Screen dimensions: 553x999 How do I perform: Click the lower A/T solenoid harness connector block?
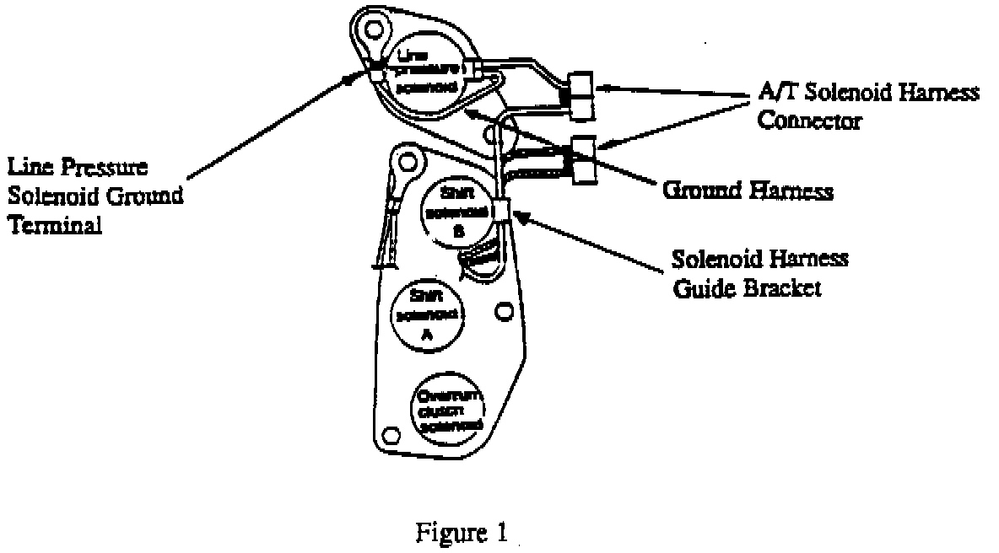click(583, 160)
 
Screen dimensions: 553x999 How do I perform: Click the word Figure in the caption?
click(445, 533)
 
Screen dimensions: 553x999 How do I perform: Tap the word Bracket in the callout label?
click(789, 287)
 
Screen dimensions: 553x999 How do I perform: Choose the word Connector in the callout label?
click(808, 120)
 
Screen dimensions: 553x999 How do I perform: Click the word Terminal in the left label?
click(54, 225)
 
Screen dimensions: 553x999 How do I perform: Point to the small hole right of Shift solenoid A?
click(505, 311)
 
